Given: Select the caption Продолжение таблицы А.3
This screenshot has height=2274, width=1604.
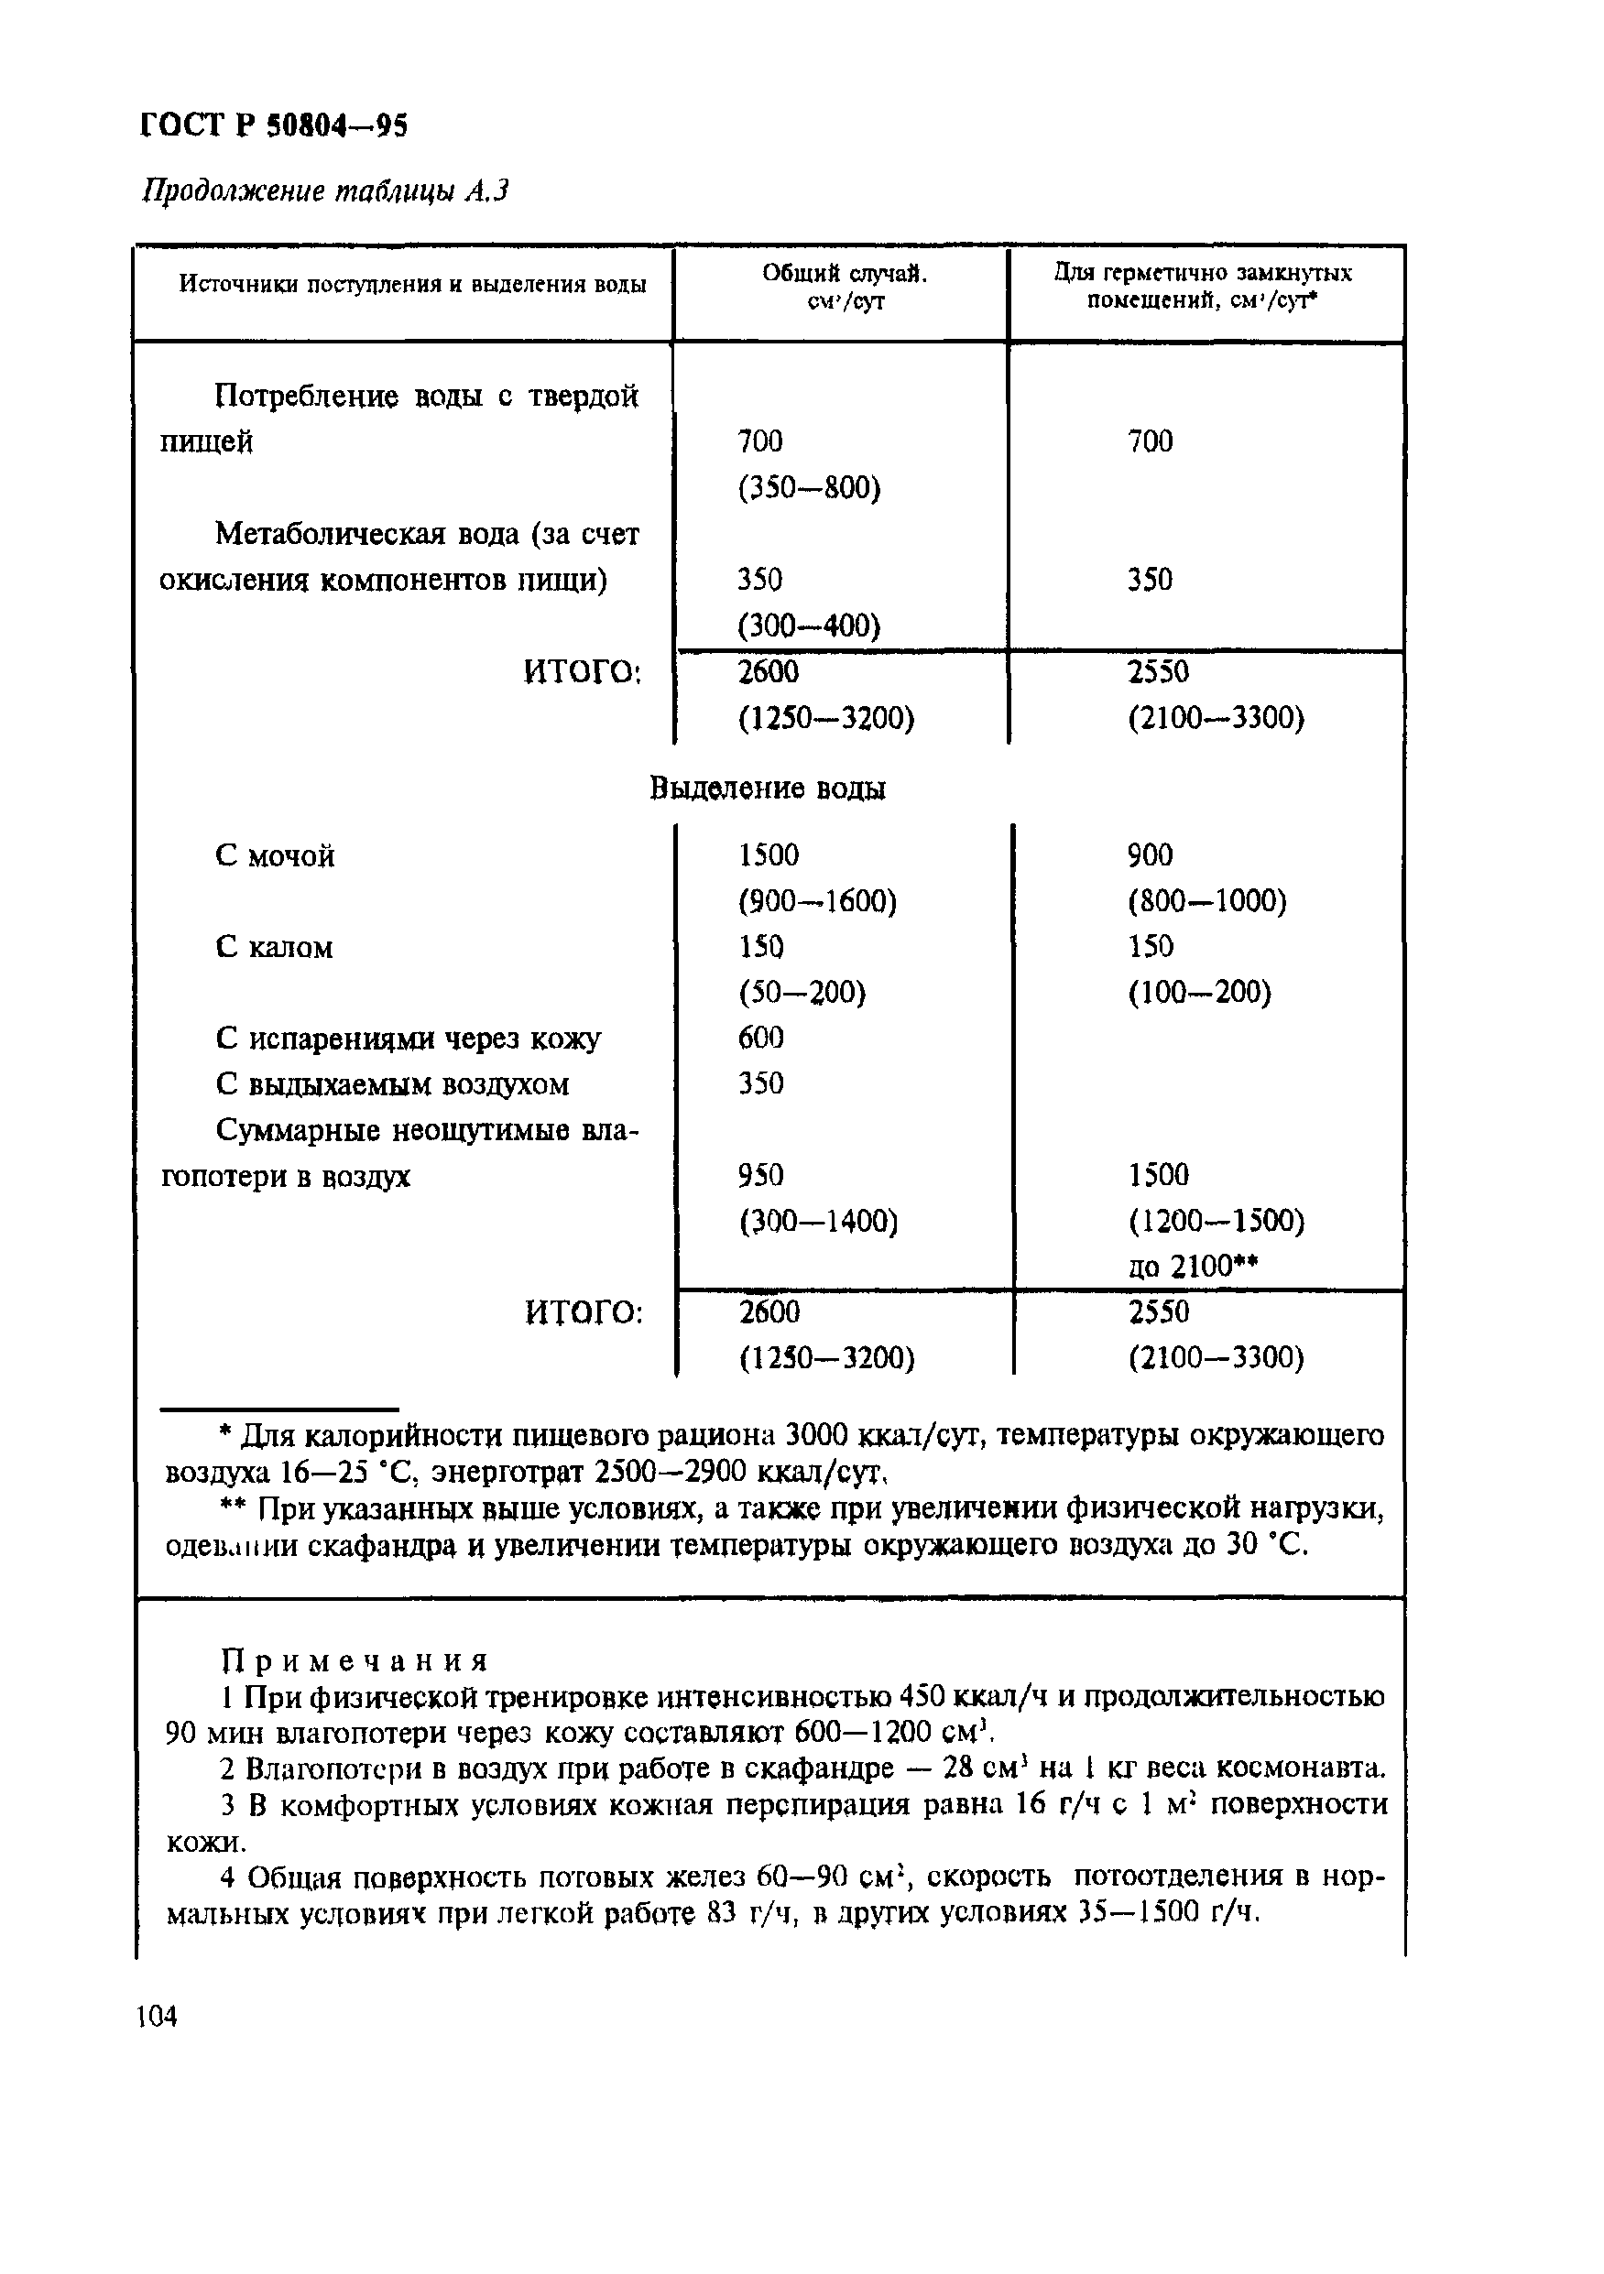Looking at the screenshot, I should (325, 190).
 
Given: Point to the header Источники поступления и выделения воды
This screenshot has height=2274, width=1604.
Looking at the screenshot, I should (412, 285).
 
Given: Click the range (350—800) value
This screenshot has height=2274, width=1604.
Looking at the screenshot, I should (809, 488).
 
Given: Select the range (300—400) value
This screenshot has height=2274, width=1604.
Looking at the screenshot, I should (809, 626).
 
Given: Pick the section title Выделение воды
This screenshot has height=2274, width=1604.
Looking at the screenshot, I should (768, 789).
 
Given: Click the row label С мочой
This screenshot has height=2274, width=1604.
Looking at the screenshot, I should (275, 855).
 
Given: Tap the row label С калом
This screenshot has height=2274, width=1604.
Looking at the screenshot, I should (274, 948).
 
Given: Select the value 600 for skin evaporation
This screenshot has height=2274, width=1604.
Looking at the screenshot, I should (761, 1037).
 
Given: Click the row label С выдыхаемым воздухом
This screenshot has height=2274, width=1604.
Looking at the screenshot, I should (392, 1084).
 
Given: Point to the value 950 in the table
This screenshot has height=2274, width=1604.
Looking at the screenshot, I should (761, 1175).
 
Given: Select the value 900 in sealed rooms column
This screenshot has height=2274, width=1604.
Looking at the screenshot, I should (1151, 854).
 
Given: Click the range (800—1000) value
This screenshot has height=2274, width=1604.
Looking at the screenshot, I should (1206, 901).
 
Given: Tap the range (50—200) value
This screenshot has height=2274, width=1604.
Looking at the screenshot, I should (802, 993).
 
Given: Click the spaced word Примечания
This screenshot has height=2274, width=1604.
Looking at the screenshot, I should (355, 1660).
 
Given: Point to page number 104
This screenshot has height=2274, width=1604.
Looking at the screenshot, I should (157, 2016).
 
